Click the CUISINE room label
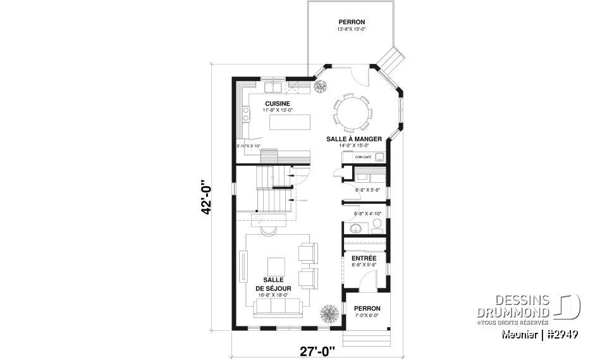(277, 104)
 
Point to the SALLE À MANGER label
(353, 139)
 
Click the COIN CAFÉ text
(363, 156)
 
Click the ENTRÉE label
(364, 258)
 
